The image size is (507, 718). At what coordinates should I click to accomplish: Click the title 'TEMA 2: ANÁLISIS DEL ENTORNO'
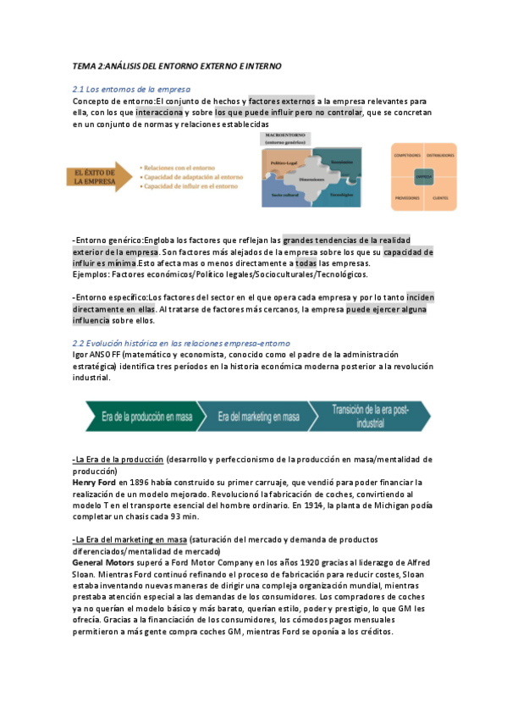177,65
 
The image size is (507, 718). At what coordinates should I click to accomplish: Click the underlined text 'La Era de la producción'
118,460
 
